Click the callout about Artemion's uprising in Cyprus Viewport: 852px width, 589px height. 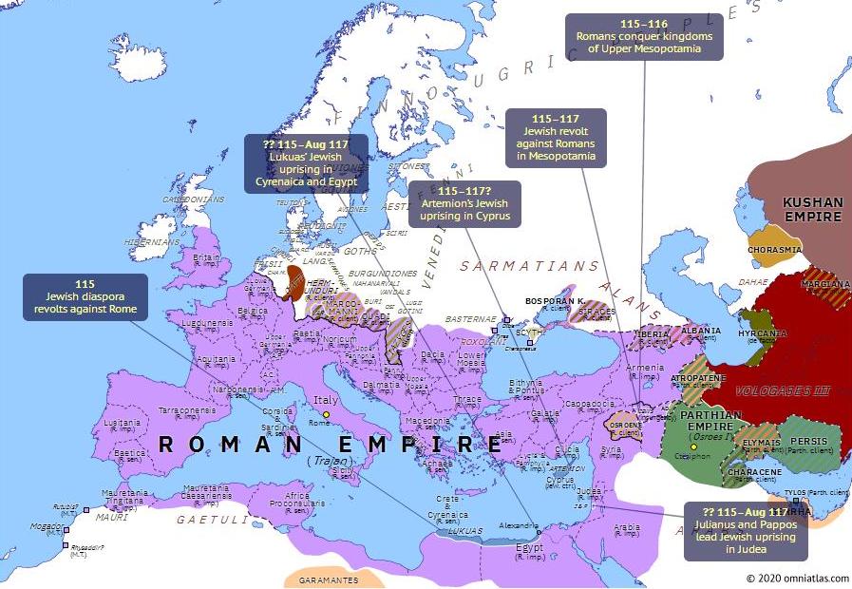click(x=464, y=204)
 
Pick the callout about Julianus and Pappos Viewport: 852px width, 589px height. click(x=745, y=530)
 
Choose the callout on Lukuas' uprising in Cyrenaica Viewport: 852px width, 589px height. click(x=306, y=164)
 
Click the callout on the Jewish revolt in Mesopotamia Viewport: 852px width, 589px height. click(x=555, y=137)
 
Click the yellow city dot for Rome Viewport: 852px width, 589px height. click(x=327, y=415)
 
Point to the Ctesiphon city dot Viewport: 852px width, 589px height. click(x=694, y=446)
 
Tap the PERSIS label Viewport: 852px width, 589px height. click(x=809, y=442)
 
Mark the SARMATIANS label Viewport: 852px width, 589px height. click(x=529, y=267)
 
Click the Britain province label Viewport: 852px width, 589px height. click(x=206, y=257)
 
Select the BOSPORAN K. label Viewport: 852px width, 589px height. click(x=555, y=299)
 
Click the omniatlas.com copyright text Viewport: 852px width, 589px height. click(x=797, y=578)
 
